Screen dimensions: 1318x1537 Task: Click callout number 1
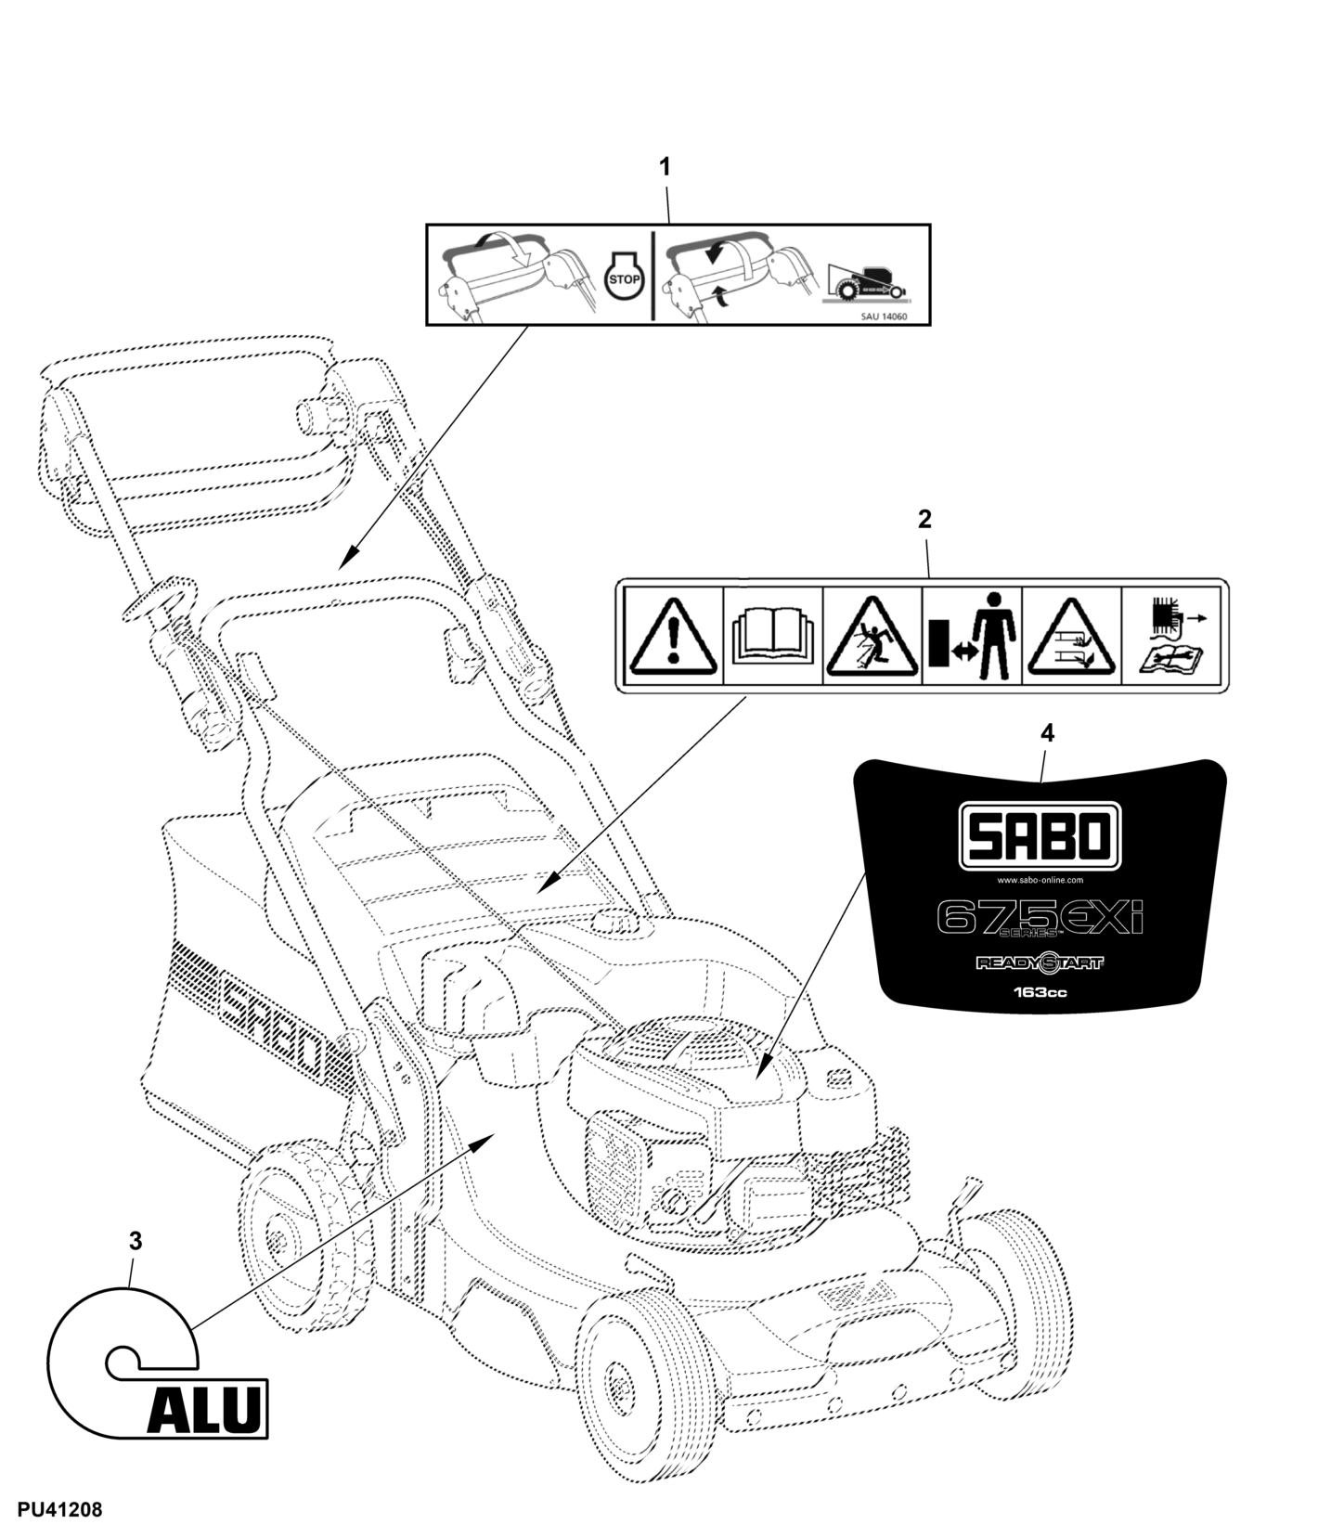click(x=664, y=167)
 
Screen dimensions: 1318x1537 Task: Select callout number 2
click(x=924, y=519)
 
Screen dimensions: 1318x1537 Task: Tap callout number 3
click(x=136, y=1241)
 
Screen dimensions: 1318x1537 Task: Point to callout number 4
click(x=1047, y=733)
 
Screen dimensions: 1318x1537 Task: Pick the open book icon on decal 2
click(x=772, y=637)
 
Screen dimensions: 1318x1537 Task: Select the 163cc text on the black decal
click(x=1040, y=992)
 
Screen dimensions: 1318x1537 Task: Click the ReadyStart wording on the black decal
click(x=1040, y=963)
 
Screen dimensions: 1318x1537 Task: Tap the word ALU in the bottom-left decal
click(x=204, y=1411)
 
